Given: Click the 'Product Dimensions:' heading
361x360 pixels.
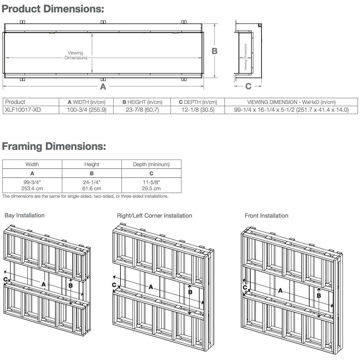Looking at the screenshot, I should pos(53,9).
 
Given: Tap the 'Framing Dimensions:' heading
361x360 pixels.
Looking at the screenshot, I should pos(54,146).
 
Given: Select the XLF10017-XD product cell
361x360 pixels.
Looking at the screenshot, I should pos(23,110).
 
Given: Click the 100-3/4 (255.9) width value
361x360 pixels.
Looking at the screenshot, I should pos(87,110).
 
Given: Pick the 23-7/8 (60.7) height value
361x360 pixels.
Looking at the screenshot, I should pos(142,110).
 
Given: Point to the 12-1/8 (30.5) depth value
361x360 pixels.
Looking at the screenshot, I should pos(198,110).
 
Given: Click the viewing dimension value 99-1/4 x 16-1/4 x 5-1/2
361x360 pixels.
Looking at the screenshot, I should pos(291,110).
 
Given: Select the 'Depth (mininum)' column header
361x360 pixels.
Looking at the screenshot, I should pos(151,164).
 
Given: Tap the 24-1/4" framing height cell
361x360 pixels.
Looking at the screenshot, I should pos(92,185).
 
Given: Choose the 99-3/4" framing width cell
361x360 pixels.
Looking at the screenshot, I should pos(32,185).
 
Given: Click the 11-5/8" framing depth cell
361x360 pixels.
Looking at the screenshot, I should pos(151,185).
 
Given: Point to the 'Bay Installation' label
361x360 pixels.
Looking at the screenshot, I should pos(24,215).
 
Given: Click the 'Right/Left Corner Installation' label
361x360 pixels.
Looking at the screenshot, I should pos(154,216).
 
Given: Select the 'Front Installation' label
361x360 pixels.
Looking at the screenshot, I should pos(266,216).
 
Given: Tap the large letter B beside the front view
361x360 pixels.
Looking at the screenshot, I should pos(215,51).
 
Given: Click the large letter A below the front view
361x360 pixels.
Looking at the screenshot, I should pos(103,87).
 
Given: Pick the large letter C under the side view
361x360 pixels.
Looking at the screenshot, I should pos(248,86).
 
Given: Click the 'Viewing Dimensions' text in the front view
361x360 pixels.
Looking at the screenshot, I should pos(76,55).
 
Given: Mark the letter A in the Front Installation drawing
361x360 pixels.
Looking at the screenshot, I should pos(280,291).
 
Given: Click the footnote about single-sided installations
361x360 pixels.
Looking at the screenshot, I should pos(85,196).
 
